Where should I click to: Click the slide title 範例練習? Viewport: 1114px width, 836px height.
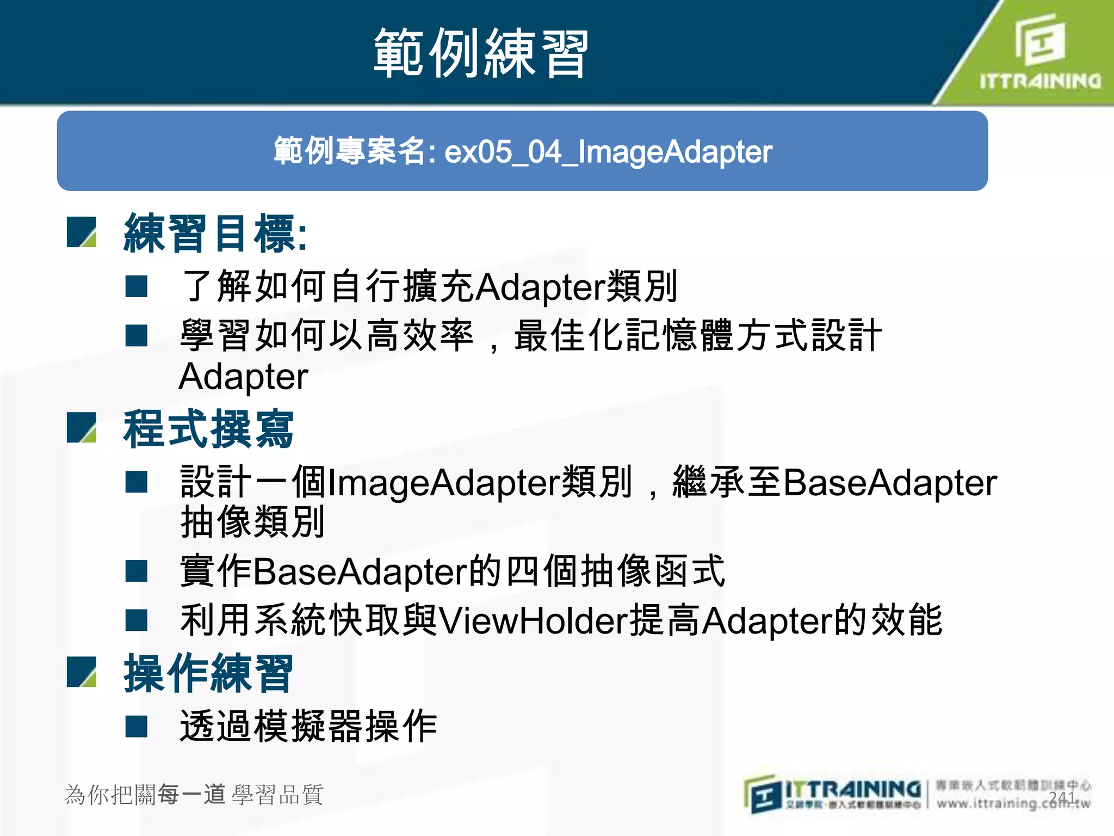(x=481, y=53)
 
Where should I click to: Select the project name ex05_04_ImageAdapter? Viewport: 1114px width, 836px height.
(x=608, y=152)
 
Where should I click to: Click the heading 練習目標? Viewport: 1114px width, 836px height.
(x=215, y=234)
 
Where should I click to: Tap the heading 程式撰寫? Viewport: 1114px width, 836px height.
(x=208, y=429)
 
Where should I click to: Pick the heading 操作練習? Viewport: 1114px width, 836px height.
(x=208, y=674)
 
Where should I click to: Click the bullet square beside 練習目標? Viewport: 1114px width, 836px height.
(x=82, y=232)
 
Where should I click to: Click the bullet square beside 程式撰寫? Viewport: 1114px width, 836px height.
(x=82, y=428)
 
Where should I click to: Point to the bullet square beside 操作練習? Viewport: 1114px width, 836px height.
(x=82, y=672)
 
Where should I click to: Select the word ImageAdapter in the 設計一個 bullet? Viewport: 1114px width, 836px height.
(x=443, y=483)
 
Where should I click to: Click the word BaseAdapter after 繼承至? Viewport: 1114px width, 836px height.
(x=890, y=483)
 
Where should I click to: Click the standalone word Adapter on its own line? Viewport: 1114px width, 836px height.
(x=243, y=377)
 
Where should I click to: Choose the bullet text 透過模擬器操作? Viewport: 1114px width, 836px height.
(x=308, y=727)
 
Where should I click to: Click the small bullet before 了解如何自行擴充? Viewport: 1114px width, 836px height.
(x=137, y=286)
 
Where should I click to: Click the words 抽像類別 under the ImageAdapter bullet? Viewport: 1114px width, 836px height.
(x=253, y=522)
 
